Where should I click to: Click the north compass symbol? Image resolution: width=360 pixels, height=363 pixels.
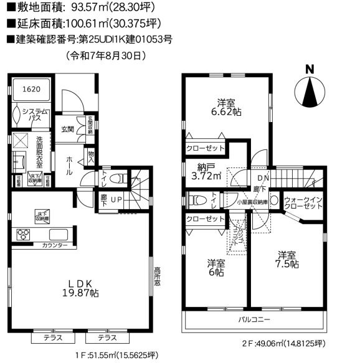point(310,93)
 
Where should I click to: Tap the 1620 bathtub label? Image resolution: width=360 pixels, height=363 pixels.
point(32,89)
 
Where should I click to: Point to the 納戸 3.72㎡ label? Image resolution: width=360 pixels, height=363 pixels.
point(203,172)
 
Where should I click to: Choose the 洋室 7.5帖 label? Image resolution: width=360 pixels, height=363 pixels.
point(288,260)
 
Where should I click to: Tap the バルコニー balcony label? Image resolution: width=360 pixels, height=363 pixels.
point(254,319)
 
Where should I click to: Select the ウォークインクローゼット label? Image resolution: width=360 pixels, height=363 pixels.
point(303,204)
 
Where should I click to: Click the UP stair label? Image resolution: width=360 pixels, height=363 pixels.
point(116,200)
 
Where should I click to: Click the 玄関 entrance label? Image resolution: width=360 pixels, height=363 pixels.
point(67,130)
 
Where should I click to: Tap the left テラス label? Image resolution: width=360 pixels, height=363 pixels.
point(52,337)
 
